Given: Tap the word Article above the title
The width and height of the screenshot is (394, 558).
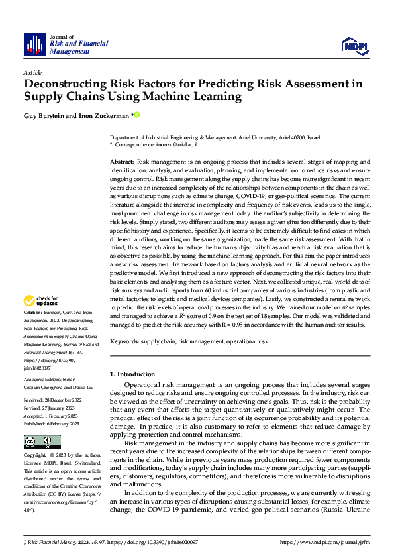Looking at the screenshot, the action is (32, 72).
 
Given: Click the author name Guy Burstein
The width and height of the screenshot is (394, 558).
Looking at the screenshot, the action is (44, 115).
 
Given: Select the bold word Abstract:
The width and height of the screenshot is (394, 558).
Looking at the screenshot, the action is (122, 162).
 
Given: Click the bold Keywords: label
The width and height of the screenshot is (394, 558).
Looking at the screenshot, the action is (124, 341).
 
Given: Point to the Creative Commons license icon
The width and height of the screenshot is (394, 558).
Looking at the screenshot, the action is (42, 442).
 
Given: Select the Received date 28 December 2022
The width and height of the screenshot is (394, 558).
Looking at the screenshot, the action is (62, 401).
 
